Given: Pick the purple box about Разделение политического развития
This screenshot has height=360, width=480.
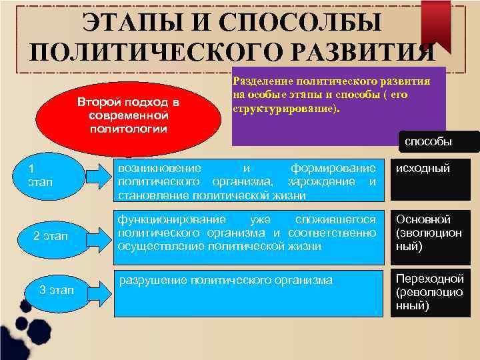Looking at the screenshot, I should point(338,105).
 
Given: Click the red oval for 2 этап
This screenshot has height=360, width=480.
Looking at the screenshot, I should point(51,236).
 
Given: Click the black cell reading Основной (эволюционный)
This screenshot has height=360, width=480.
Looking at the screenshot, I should point(433,233).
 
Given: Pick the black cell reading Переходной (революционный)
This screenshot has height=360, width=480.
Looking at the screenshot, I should point(433,292).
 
